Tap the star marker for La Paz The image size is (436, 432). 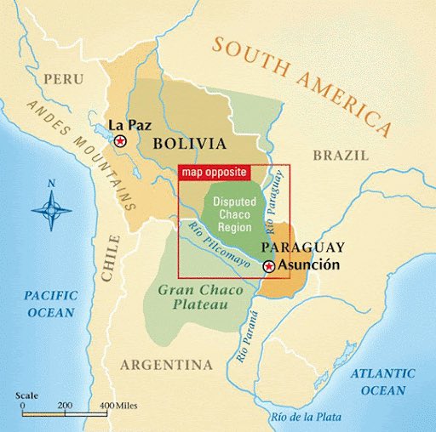pyautogui.click(x=121, y=140)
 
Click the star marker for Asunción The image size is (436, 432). pyautogui.click(x=269, y=266)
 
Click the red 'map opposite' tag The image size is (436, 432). pyautogui.click(x=214, y=173)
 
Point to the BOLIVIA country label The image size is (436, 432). pyautogui.click(x=189, y=144)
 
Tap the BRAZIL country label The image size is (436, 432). pyautogui.click(x=341, y=156)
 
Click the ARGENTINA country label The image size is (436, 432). pyautogui.click(x=166, y=365)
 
